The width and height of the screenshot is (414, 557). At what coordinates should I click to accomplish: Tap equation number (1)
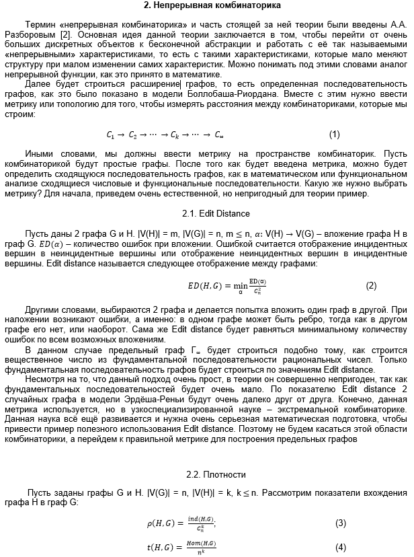335,134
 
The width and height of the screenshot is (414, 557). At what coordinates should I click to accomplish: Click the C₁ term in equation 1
111,135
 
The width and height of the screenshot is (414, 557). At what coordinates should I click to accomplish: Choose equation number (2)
371,285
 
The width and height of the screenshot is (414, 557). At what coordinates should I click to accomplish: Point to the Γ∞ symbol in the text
196,350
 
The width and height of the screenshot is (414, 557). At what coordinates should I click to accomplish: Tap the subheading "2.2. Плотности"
207,474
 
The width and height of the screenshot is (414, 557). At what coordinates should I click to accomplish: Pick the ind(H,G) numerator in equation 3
202,519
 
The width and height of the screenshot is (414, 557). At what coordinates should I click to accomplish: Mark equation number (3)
341,523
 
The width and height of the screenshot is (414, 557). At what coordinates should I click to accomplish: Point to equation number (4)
341,547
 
